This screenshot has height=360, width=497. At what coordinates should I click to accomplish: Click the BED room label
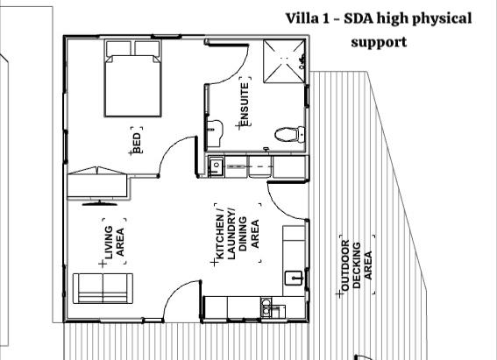click(137, 143)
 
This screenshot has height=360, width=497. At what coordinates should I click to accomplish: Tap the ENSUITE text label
click(245, 104)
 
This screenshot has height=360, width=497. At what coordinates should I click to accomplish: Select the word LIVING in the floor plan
click(109, 243)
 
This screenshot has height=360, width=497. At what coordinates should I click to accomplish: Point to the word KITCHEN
click(220, 237)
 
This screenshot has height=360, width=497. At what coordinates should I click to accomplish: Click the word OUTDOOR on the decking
click(345, 265)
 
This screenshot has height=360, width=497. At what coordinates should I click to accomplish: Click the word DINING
click(243, 234)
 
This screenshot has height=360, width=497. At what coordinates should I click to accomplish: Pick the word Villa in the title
click(302, 18)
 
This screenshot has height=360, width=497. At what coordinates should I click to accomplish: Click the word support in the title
click(379, 42)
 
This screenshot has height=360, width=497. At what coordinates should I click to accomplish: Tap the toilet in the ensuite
click(289, 134)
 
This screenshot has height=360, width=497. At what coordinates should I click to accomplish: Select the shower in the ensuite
click(284, 61)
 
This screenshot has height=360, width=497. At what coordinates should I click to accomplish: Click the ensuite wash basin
click(215, 133)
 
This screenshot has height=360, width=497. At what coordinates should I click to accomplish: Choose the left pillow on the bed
click(118, 48)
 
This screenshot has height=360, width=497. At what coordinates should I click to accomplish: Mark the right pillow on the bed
click(147, 48)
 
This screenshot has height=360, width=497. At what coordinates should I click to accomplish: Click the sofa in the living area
click(103, 288)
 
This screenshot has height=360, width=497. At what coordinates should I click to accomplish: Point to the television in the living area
click(100, 203)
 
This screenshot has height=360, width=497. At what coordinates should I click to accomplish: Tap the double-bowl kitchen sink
click(266, 307)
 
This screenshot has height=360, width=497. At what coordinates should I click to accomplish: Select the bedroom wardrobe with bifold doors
click(98, 183)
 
